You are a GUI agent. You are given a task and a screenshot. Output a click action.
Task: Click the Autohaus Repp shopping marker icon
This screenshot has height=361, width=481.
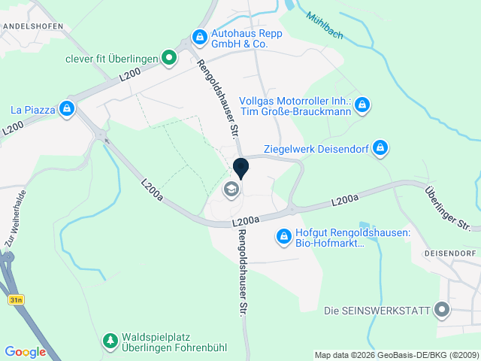click(x=199, y=36)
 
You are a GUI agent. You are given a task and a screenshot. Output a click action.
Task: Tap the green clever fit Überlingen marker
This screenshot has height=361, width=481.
click(x=171, y=56)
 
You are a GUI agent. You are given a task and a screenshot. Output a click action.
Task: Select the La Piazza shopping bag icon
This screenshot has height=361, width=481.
click(x=68, y=110)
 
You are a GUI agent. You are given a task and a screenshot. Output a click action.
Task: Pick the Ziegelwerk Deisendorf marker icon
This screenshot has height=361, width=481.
click(x=381, y=147)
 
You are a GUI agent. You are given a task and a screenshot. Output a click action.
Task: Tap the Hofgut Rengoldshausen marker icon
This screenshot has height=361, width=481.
click(x=284, y=237)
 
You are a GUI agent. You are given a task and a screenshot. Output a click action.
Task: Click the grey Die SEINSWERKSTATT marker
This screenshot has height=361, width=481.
click(x=442, y=310)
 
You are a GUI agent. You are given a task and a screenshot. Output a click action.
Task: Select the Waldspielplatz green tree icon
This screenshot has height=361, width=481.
click(x=110, y=341)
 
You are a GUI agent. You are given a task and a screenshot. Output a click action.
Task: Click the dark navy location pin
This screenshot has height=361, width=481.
click(x=241, y=167)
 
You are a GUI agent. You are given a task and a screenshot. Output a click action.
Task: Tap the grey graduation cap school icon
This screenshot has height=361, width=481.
click(x=231, y=190)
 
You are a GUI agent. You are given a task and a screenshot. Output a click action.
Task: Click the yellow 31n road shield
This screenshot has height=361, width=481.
click(x=16, y=299)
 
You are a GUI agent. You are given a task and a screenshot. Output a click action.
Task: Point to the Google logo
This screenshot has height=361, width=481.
click(x=25, y=352)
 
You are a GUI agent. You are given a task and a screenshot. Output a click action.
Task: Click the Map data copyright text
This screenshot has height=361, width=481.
click(x=395, y=355)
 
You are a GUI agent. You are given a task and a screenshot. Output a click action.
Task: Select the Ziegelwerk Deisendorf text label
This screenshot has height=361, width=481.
click(x=316, y=148)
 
